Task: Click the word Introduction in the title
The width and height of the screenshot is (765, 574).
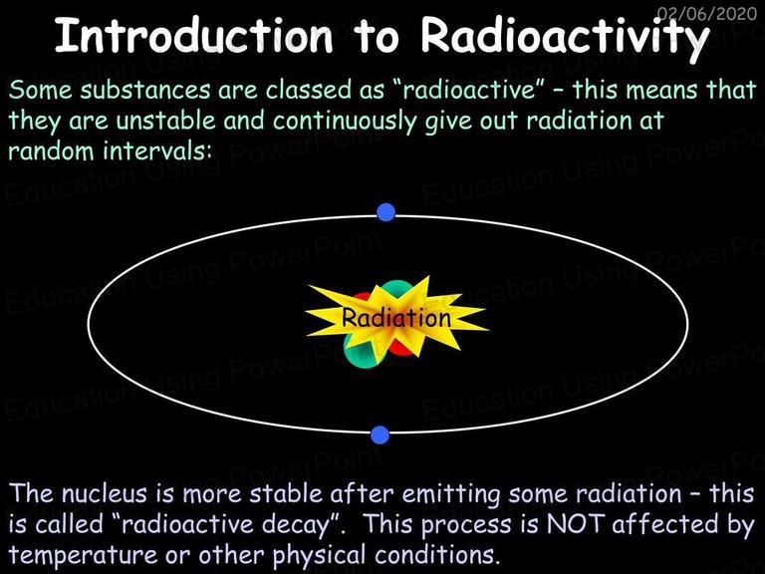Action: click(194, 35)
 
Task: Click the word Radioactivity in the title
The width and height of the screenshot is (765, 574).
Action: click(565, 38)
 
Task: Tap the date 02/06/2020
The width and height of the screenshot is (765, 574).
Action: click(707, 13)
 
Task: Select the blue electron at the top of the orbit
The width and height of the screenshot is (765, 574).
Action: click(385, 212)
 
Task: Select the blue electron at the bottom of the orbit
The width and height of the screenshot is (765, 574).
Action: click(381, 434)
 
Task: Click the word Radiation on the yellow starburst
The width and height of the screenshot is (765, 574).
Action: click(395, 318)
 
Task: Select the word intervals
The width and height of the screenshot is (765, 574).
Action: click(157, 150)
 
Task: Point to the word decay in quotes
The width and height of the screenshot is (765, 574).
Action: click(300, 525)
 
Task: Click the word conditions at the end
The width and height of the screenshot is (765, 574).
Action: click(437, 554)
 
